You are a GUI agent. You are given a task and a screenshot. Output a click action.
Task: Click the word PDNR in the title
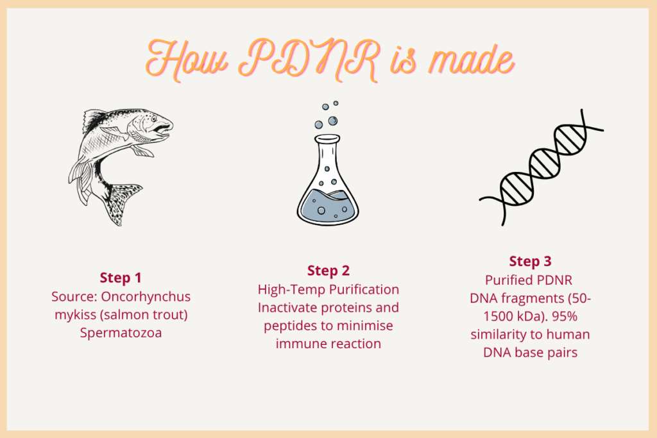pyautogui.click(x=309, y=59)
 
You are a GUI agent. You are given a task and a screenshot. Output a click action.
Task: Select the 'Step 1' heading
pyautogui.click(x=121, y=278)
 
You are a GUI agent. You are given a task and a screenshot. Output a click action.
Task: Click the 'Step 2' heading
pyautogui.click(x=328, y=271)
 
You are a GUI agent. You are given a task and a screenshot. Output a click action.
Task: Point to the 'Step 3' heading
pyautogui.click(x=530, y=261)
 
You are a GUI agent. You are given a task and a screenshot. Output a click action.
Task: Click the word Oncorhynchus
pyautogui.click(x=146, y=296)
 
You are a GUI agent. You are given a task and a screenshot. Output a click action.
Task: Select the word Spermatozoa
pyautogui.click(x=121, y=333)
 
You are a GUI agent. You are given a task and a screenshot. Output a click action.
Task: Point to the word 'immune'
pyautogui.click(x=299, y=344)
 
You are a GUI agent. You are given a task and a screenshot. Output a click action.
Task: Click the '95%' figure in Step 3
pyautogui.click(x=565, y=316)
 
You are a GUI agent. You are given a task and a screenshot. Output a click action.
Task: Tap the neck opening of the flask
pyautogui.click(x=327, y=138)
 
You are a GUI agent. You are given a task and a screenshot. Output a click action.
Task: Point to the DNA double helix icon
pyautogui.click(x=541, y=167)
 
